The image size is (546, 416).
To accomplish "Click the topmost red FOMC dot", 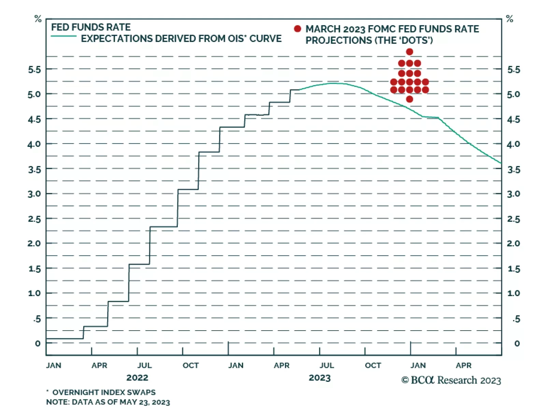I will [x=409, y=52].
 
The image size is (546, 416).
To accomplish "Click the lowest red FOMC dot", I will [x=409, y=99].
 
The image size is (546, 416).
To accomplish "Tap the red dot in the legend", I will [x=298, y=29].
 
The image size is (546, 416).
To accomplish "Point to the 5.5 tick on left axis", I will [x=34, y=70].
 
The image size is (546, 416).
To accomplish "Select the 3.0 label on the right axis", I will [x=513, y=194].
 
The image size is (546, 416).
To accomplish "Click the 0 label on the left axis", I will [x=38, y=343].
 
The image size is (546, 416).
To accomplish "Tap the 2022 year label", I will [x=137, y=378].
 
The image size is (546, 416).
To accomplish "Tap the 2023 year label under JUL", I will [x=320, y=378].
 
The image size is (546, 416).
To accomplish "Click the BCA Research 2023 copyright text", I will [x=451, y=380].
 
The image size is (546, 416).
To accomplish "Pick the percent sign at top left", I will [x=38, y=19].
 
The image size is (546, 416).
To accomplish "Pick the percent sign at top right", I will [x=510, y=19].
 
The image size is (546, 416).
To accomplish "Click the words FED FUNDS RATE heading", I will [x=91, y=27].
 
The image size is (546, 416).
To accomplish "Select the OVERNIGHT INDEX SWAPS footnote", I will [x=104, y=392].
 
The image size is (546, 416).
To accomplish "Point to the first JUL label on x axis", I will [x=145, y=365].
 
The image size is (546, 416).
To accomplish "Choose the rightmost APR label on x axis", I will [x=463, y=365].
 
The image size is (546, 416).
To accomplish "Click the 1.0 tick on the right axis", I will [x=513, y=293].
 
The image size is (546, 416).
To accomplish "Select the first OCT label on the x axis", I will [x=190, y=365].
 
